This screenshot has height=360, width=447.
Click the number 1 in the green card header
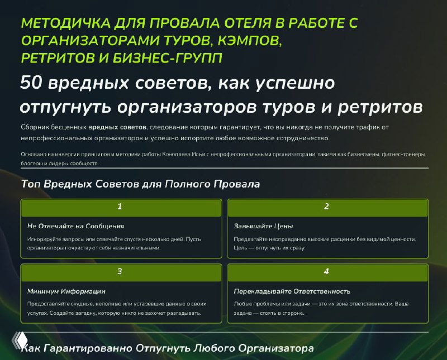(x=120, y=207)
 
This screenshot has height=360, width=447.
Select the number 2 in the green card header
(x=326, y=207)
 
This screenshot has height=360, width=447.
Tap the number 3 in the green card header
(x=120, y=272)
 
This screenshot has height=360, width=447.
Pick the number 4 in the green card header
(x=326, y=272)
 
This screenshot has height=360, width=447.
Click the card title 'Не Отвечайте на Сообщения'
(x=75, y=226)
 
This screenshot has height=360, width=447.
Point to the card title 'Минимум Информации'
(x=66, y=291)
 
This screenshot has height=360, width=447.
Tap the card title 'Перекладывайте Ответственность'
(x=292, y=291)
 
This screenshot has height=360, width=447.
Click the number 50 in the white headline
(x=32, y=83)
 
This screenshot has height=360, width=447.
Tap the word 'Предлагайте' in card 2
(x=253, y=239)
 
